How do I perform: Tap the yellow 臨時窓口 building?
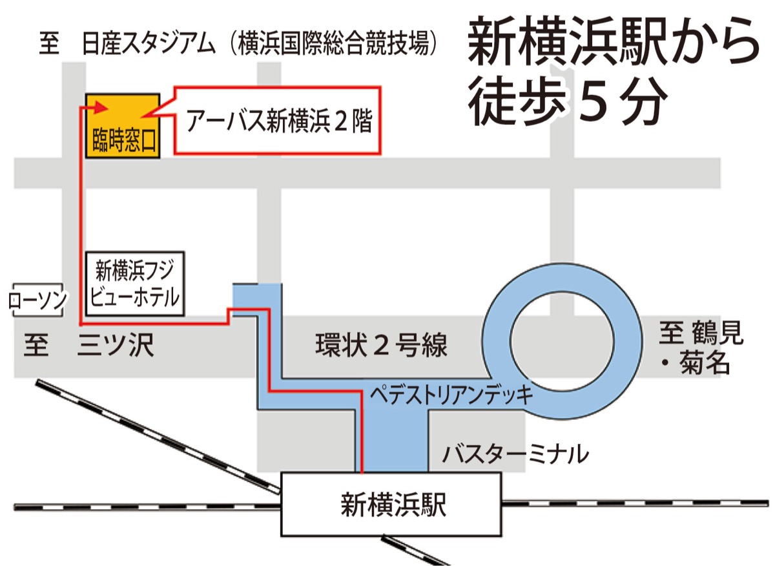pyautogui.click(x=123, y=125)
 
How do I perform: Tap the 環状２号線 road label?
pyautogui.click(x=381, y=346)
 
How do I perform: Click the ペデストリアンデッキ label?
pyautogui.click(x=452, y=393)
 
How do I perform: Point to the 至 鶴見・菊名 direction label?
pyautogui.click(x=701, y=349)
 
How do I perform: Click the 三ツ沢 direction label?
pyautogui.click(x=116, y=346)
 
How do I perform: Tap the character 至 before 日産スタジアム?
pyautogui.click(x=49, y=45)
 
